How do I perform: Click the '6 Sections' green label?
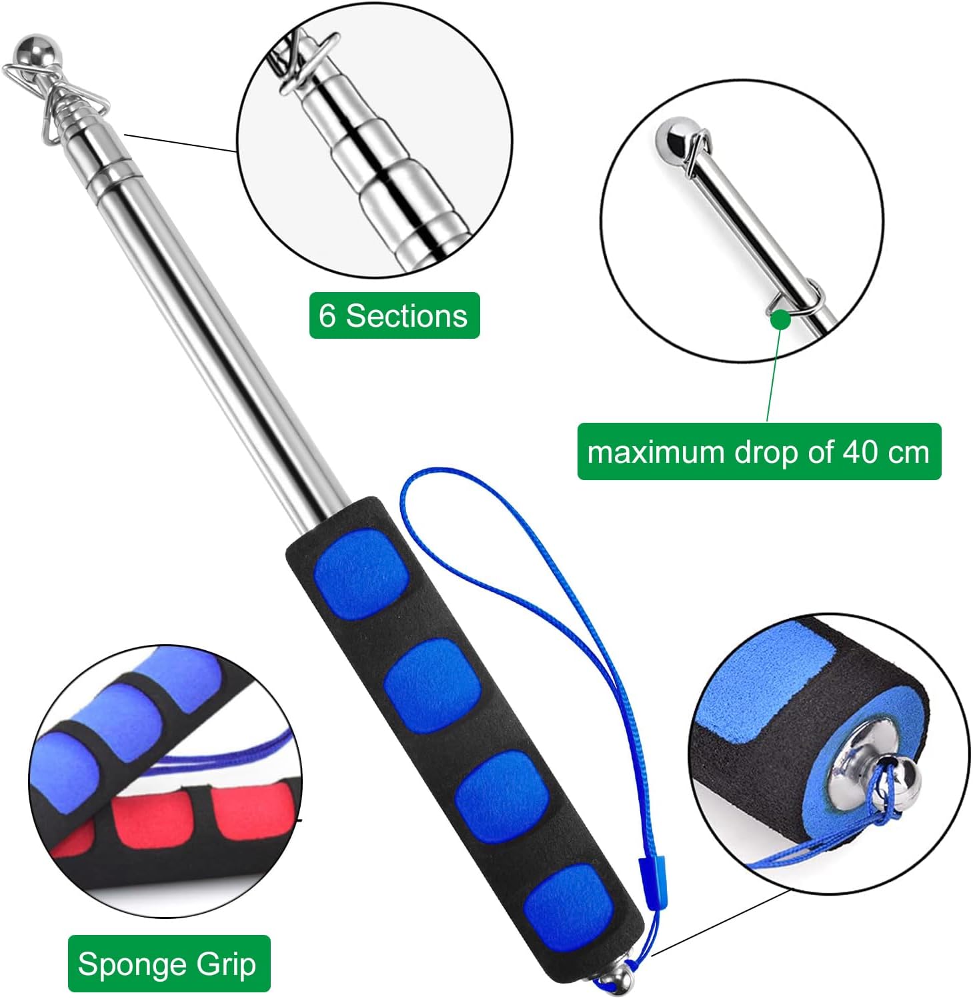tap(394, 315)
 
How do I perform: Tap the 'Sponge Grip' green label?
tap(169, 964)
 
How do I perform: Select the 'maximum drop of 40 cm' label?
tap(759, 451)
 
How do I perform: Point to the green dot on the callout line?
tap(780, 319)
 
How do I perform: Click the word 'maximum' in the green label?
tap(656, 453)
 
